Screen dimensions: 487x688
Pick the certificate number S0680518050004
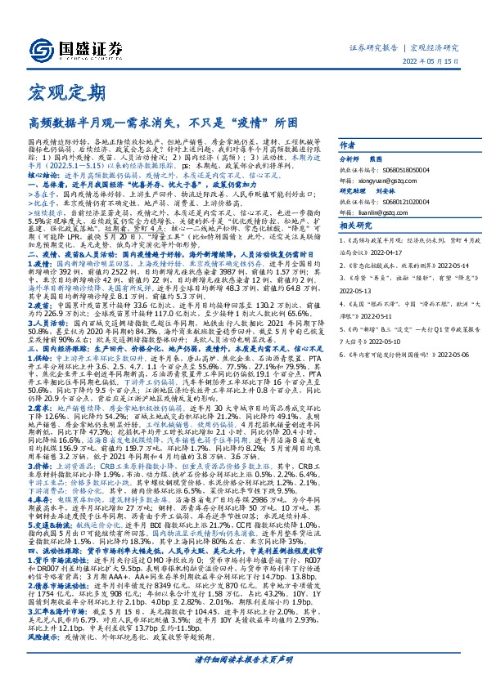click(x=417, y=172)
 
